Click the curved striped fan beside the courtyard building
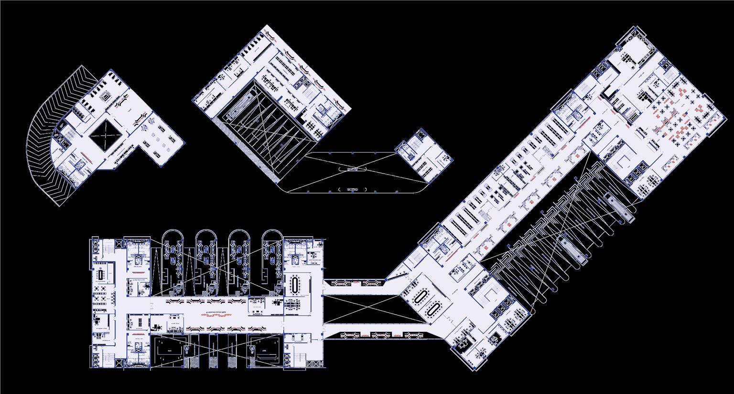[45, 139]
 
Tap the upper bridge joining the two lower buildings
[355, 283]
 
